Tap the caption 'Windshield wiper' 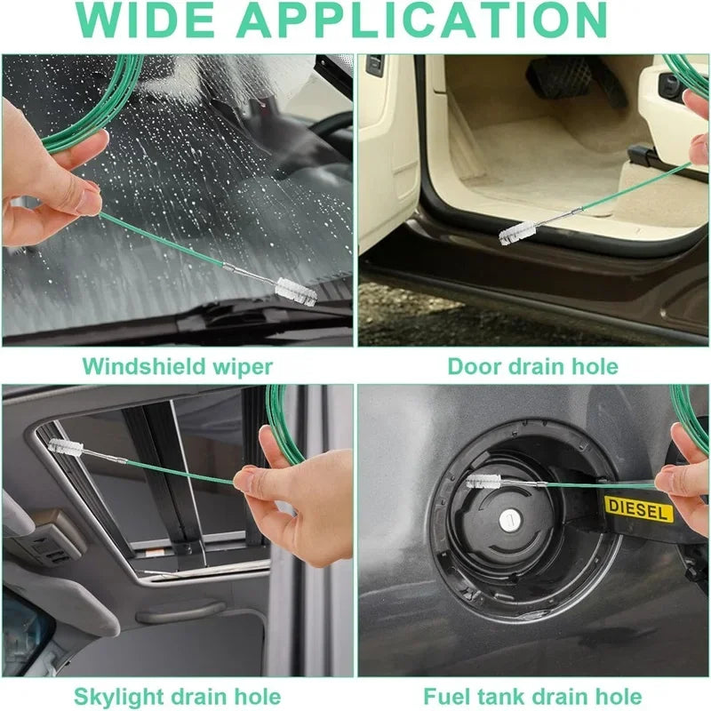[x=178, y=365]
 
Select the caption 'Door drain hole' [x=532, y=365]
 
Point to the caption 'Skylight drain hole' [x=178, y=696]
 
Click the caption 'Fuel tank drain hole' [x=532, y=696]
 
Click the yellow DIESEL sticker [x=639, y=509]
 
